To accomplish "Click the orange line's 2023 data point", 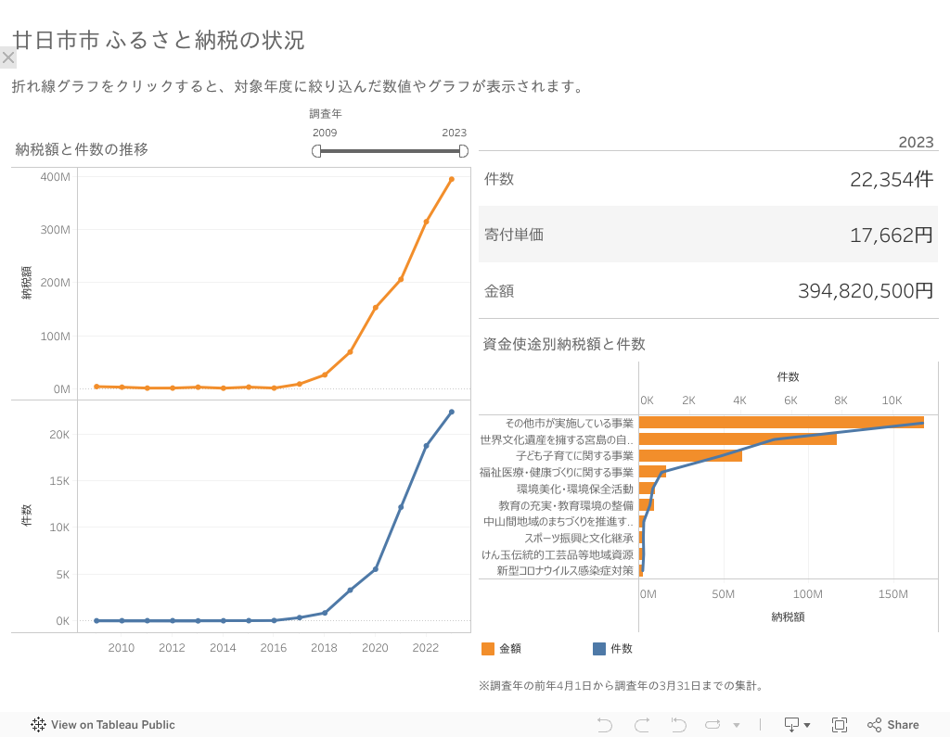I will (x=452, y=179).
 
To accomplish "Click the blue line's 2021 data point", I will (x=401, y=507).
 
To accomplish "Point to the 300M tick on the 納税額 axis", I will (x=57, y=230).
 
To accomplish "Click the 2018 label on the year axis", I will (x=324, y=648).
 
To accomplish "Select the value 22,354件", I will (x=891, y=180).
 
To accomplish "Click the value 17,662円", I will (x=891, y=235).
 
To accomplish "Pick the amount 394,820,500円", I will (x=865, y=291).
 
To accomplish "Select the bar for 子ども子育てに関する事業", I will (x=691, y=456).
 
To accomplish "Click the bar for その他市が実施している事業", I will (x=781, y=423).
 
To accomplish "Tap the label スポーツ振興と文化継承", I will (x=579, y=538).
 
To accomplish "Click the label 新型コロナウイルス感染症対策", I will (x=565, y=571).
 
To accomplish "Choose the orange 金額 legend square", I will (x=488, y=649).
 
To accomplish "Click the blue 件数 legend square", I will (x=598, y=649).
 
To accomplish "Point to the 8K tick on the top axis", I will (x=841, y=400).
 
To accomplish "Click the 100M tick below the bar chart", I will (x=808, y=593).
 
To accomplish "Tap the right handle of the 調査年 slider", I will (x=464, y=151).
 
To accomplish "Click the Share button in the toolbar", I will (x=893, y=725).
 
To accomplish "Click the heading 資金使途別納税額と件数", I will (x=564, y=344).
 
